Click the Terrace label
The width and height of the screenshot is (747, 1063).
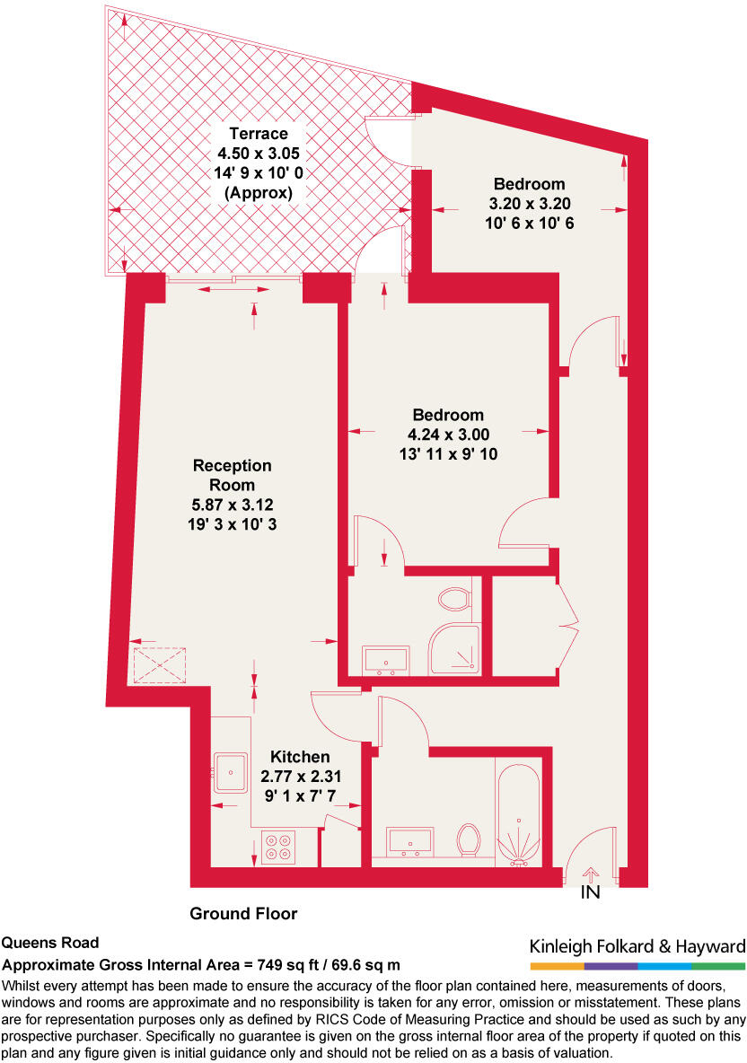(x=258, y=135)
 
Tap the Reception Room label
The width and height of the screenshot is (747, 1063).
(x=232, y=475)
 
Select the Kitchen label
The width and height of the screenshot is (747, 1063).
(x=294, y=757)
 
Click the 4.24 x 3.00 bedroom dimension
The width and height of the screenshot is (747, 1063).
(x=448, y=435)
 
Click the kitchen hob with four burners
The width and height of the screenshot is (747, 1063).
(x=278, y=848)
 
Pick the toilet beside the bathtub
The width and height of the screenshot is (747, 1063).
(x=468, y=840)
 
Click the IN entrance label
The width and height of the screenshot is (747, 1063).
(x=590, y=893)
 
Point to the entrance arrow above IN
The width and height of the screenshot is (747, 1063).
(x=590, y=874)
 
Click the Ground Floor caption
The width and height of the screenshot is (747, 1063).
(x=243, y=914)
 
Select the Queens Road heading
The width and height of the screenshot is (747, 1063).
(x=49, y=944)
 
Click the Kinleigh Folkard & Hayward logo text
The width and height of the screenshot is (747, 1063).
(x=637, y=946)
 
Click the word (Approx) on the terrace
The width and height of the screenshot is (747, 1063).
(x=258, y=192)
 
